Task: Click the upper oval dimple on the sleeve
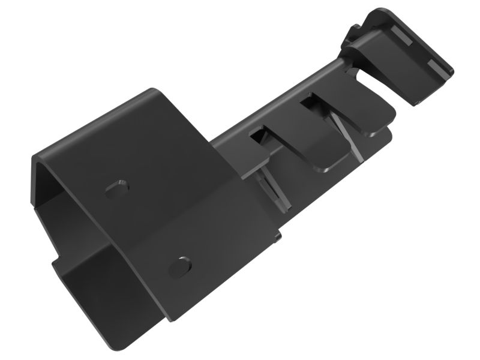(118, 188)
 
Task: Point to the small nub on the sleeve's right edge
(278, 238)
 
